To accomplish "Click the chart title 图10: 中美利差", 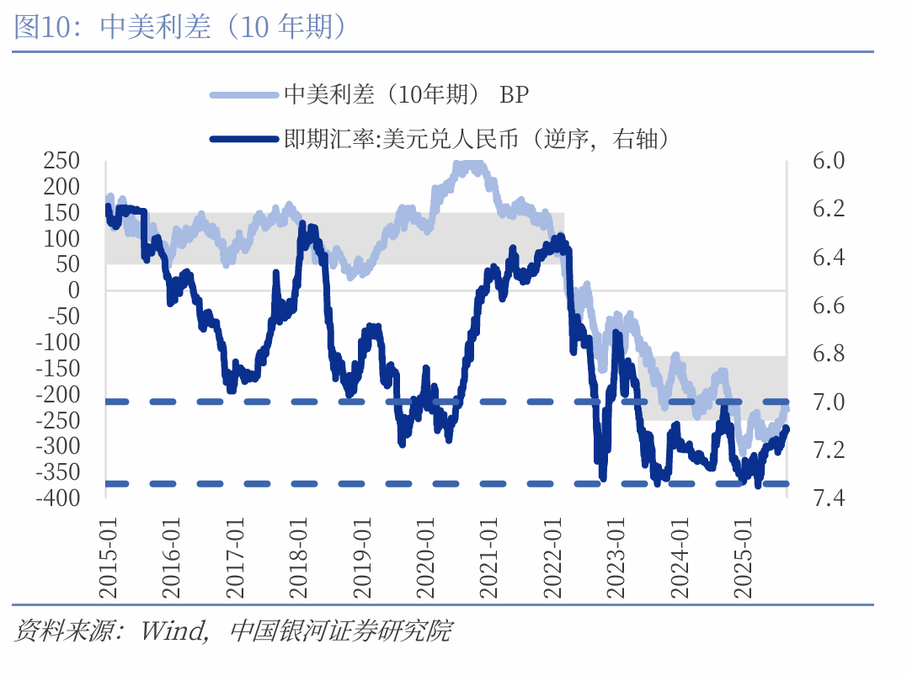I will pyautogui.click(x=181, y=27).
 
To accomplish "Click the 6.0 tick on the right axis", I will pyautogui.click(x=830, y=160).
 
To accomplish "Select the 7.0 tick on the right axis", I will pyautogui.click(x=830, y=402).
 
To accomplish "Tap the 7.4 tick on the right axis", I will pyautogui.click(x=830, y=498).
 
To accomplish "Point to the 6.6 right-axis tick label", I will pyautogui.click(x=830, y=305).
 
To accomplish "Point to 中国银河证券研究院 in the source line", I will pyautogui.click(x=340, y=630).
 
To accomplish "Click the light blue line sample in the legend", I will pyautogui.click(x=243, y=95).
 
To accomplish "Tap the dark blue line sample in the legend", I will pyautogui.click(x=243, y=139).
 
